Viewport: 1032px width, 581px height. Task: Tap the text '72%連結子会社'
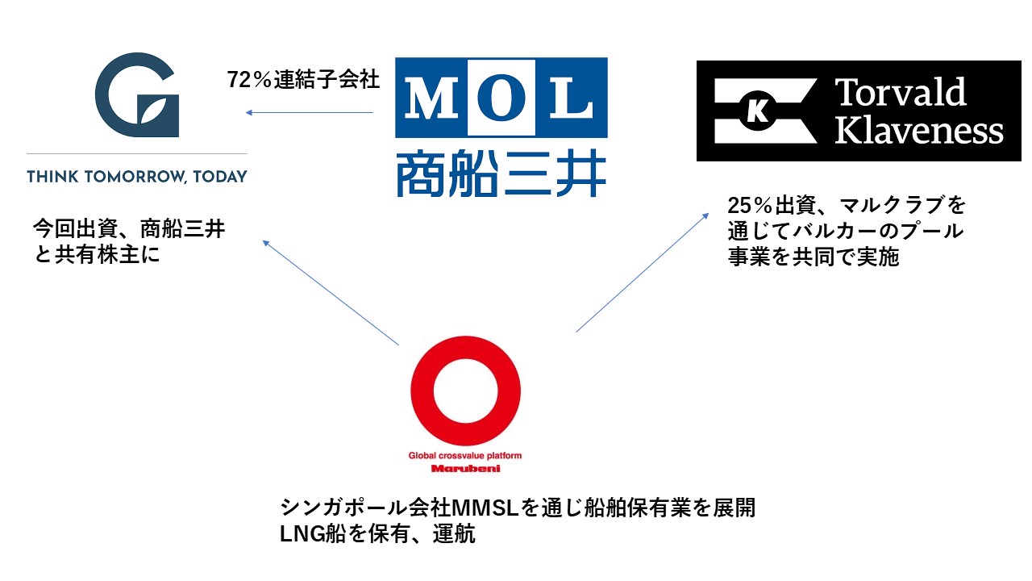click(303, 79)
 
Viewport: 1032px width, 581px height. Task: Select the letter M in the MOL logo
click(431, 98)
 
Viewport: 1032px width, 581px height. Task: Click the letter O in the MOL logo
click(501, 98)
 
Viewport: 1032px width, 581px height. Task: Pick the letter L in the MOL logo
click(572, 98)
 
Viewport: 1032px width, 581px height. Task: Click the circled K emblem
click(757, 111)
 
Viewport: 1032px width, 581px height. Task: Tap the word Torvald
click(901, 92)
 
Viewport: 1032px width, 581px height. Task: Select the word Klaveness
click(918, 130)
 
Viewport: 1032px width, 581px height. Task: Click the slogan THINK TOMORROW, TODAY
click(137, 177)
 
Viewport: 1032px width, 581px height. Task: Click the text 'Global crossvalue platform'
click(465, 456)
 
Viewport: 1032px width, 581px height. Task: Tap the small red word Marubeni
click(465, 469)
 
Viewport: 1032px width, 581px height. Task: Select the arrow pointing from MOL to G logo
click(309, 112)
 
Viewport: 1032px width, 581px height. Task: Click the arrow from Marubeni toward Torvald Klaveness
click(643, 272)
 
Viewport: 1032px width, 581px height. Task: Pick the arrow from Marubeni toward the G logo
click(331, 292)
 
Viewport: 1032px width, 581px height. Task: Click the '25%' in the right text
click(750, 205)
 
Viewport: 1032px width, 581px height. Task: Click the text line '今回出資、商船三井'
click(129, 228)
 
